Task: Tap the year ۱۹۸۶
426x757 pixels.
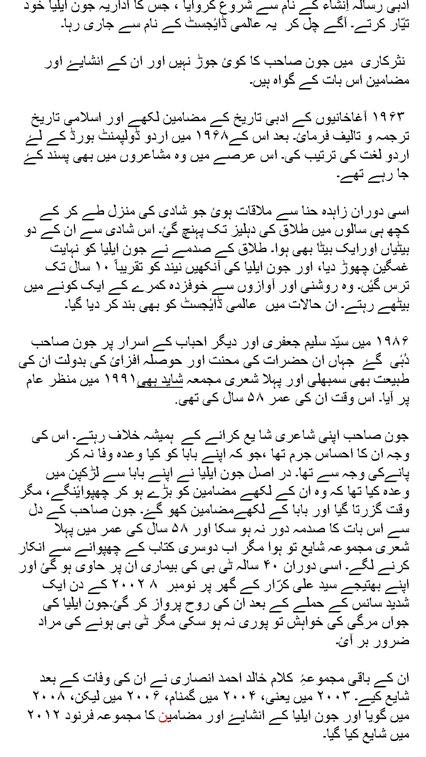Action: pos(390,340)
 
